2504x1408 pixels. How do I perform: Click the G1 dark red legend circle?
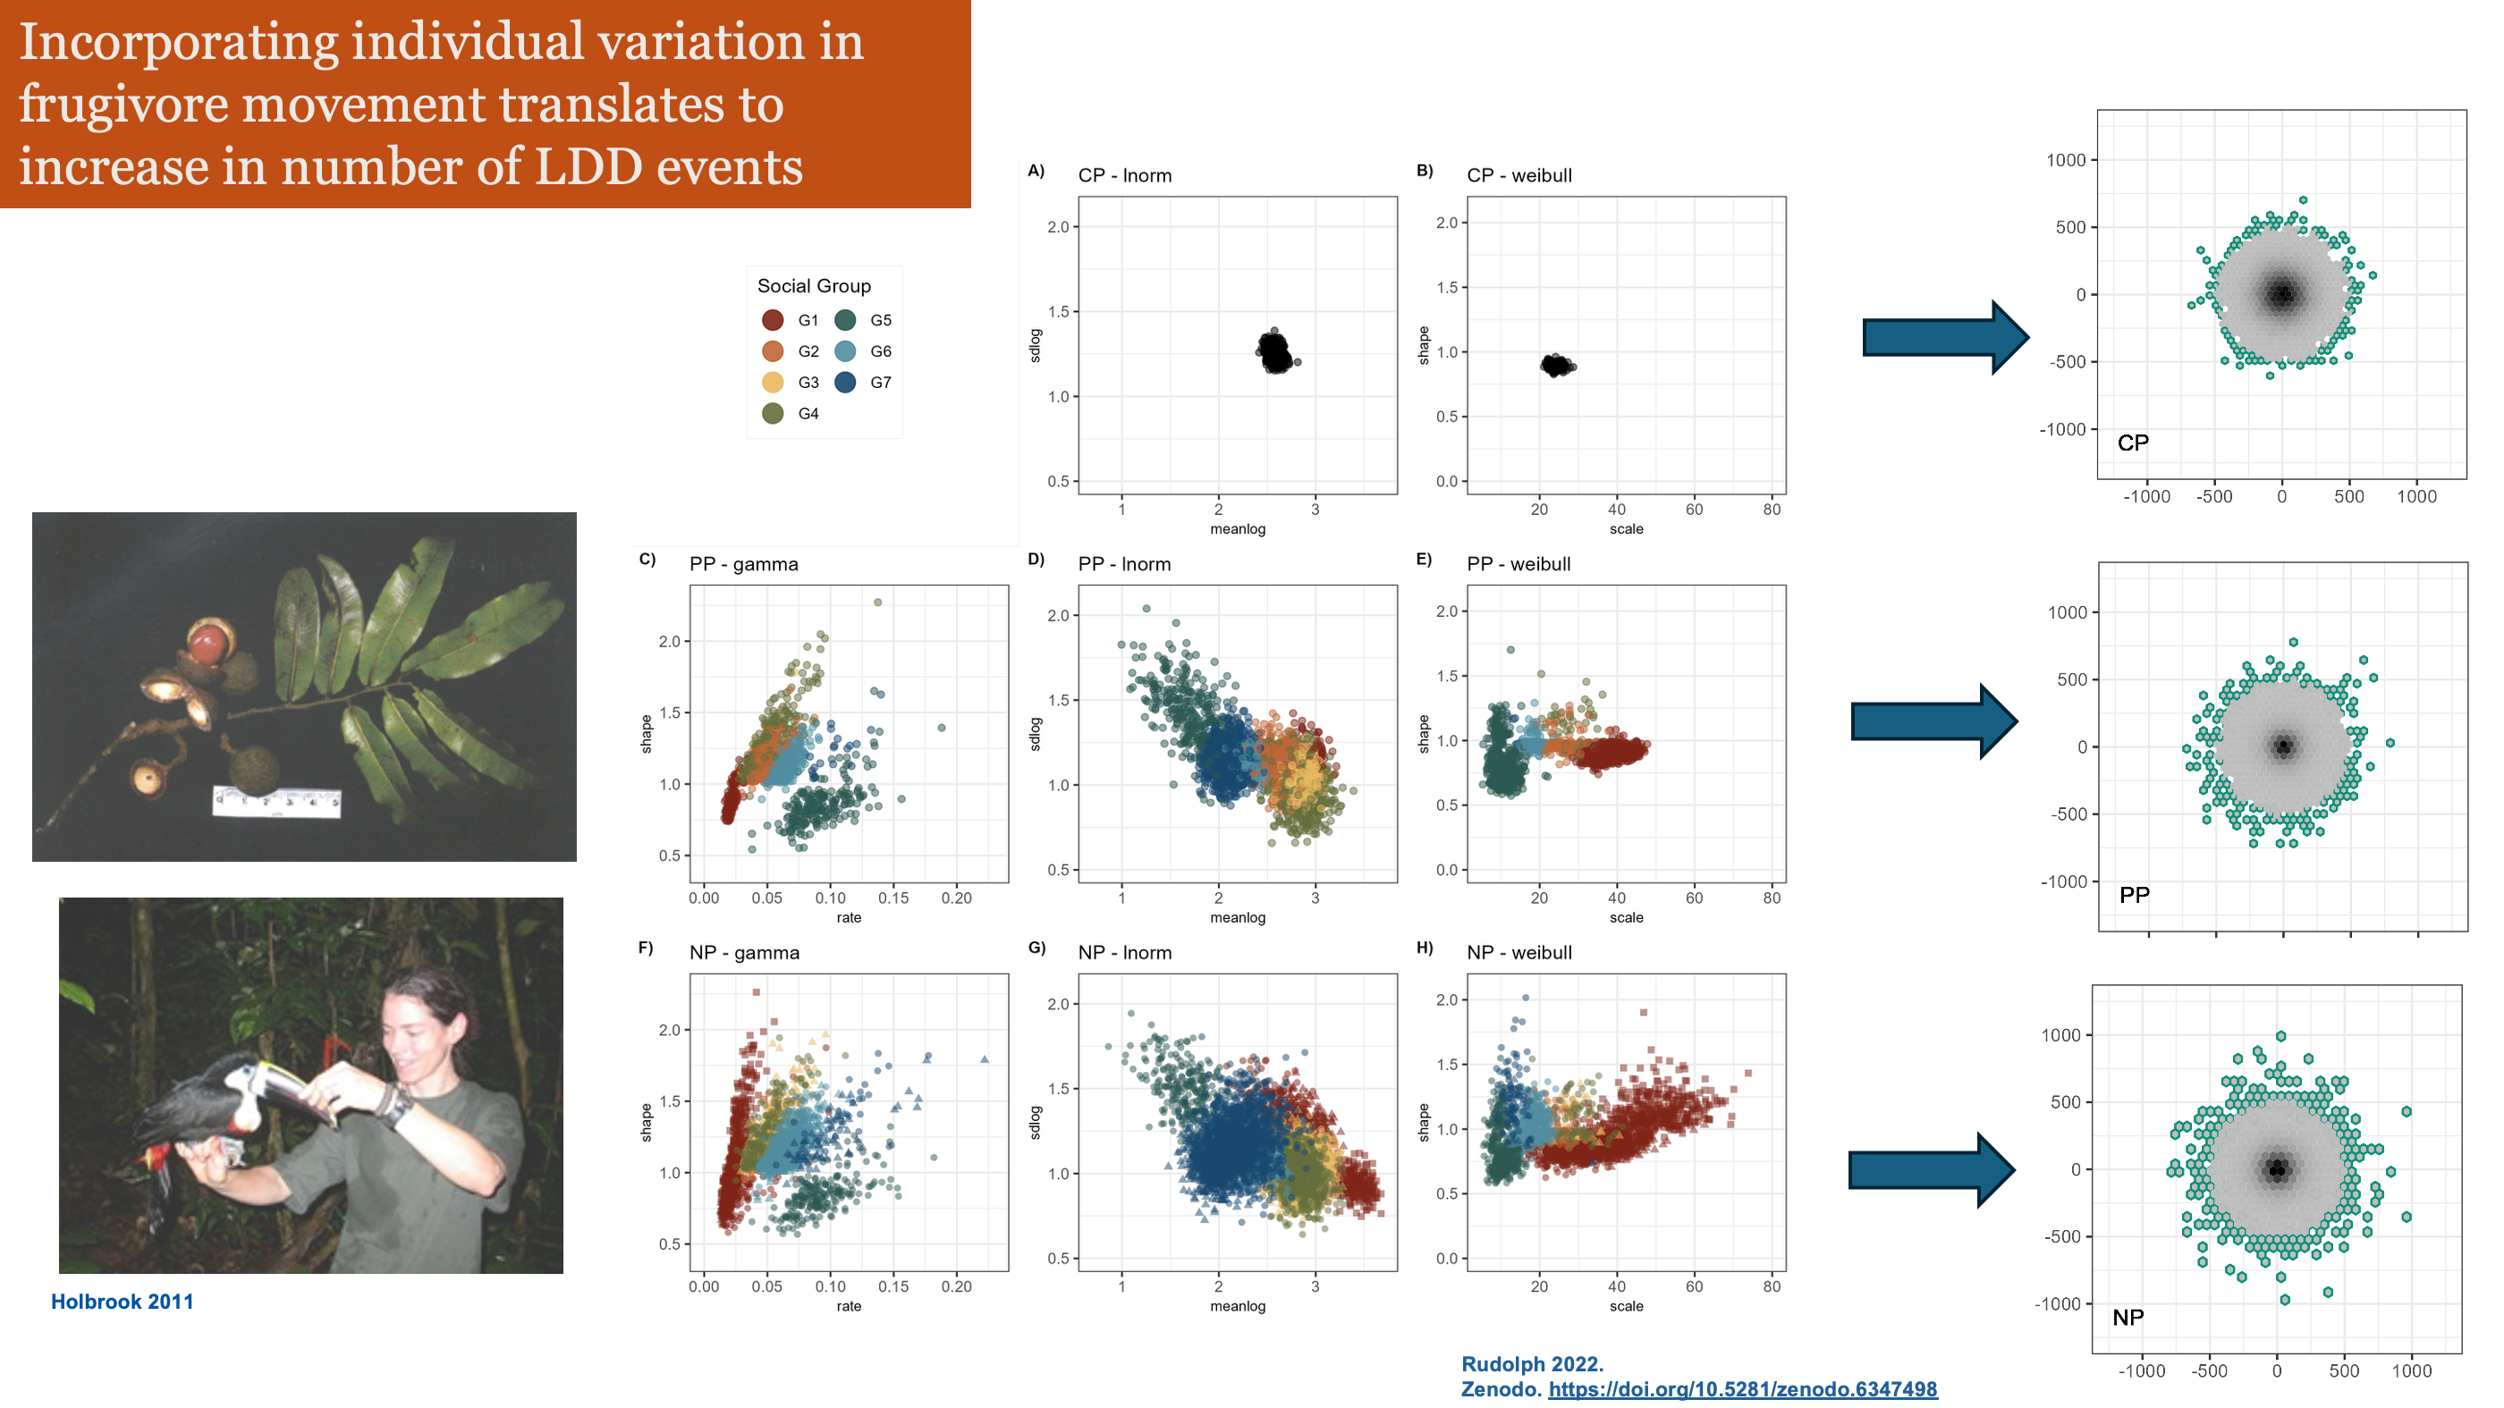coord(773,321)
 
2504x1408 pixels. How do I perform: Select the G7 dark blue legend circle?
coord(845,383)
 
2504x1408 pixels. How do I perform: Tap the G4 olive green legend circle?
coord(773,414)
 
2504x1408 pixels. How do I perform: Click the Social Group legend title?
coord(814,286)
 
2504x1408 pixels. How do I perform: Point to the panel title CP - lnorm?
coord(1125,176)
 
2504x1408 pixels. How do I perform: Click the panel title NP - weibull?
coord(1518,953)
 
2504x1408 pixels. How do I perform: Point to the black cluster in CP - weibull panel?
coord(1557,366)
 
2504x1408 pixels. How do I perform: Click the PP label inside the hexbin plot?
coord(2134,895)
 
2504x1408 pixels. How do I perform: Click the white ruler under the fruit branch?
coord(277,803)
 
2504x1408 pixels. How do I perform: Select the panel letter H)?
coord(1424,949)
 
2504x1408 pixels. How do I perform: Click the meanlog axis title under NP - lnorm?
coord(1238,1307)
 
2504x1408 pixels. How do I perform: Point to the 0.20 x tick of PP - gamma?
coord(955,898)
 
